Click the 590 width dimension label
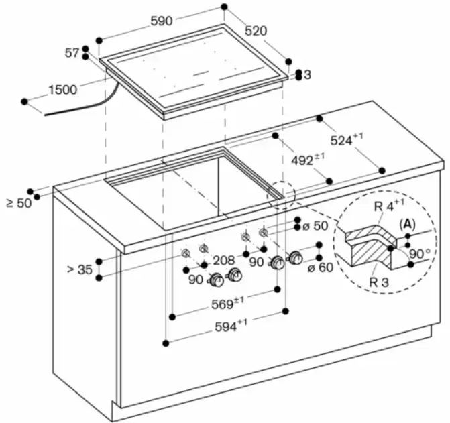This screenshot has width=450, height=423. pos(161,21)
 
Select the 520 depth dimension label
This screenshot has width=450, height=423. pos(256,30)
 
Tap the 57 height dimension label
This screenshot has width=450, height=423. pos(72,52)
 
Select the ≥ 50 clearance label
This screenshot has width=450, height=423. pos(19,202)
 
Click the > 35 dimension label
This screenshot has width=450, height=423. pos(80,269)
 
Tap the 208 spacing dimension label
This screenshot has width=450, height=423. pos(223,259)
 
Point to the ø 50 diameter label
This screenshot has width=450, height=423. pos(315,226)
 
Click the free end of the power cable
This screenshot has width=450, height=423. pos(46,114)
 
